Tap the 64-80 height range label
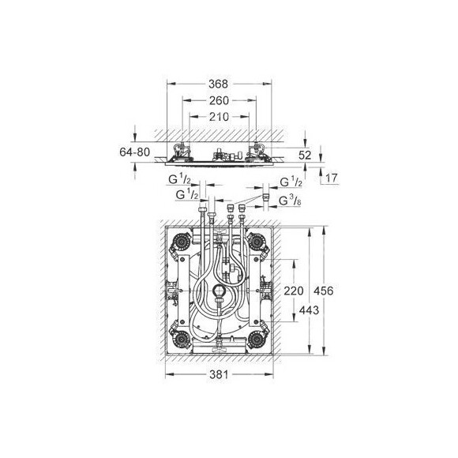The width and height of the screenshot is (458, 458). [x=114, y=152]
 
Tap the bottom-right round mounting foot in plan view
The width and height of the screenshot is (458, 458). [x=258, y=340]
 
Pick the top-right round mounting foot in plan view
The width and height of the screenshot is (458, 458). [x=258, y=242]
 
